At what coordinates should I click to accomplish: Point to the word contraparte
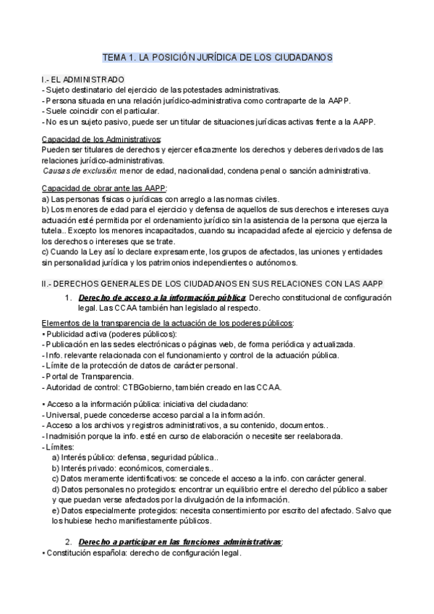(x=281, y=100)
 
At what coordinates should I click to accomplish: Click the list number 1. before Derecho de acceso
(x=68, y=298)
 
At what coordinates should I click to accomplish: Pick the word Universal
(x=64, y=414)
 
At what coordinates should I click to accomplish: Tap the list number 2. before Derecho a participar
(x=68, y=542)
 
